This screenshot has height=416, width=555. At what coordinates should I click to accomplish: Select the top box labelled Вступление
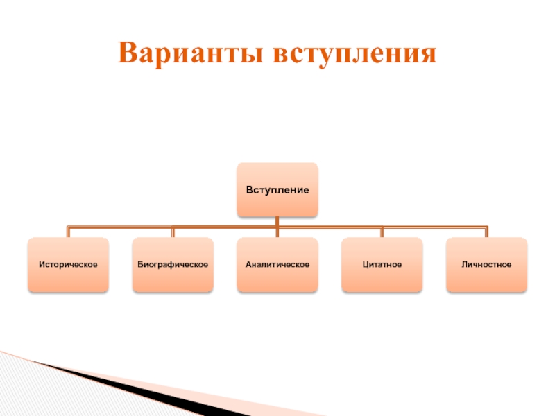(x=277, y=189)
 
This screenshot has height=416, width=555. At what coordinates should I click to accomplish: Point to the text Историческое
(x=68, y=264)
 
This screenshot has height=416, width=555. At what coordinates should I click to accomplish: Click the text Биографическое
(x=173, y=264)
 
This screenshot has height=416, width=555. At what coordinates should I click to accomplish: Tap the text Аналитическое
(x=277, y=264)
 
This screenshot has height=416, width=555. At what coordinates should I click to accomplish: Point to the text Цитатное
(x=382, y=264)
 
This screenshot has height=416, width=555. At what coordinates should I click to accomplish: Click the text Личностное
(x=486, y=264)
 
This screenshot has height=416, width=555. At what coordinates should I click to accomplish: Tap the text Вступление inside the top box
(x=277, y=189)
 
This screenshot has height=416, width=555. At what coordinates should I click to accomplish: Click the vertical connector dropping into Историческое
(x=68, y=232)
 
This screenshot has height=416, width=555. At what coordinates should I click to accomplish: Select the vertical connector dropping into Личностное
(x=486, y=232)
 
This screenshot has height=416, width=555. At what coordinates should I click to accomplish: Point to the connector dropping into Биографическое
(x=173, y=232)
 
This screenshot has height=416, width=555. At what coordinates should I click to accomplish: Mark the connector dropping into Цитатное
(x=382, y=232)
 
